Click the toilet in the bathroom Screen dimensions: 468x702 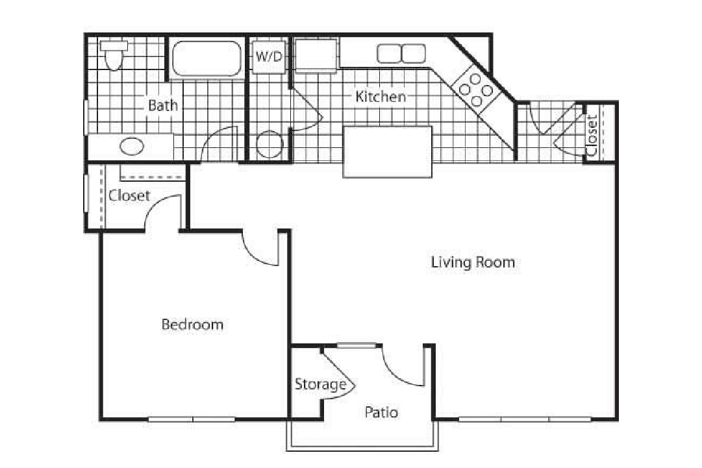[114, 55]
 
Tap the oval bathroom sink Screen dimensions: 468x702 [132, 147]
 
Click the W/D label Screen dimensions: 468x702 [268, 56]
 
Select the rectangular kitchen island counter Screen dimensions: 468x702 [388, 152]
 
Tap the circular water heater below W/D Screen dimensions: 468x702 [268, 145]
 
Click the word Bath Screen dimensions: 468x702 [162, 105]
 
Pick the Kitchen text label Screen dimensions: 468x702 [381, 97]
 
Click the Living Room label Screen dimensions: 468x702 [473, 262]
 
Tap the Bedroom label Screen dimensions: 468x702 [192, 325]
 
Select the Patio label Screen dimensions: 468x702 [381, 412]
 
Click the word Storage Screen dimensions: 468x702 [320, 384]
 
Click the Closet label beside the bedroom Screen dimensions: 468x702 [129, 195]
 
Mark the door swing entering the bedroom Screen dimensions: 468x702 [261, 250]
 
